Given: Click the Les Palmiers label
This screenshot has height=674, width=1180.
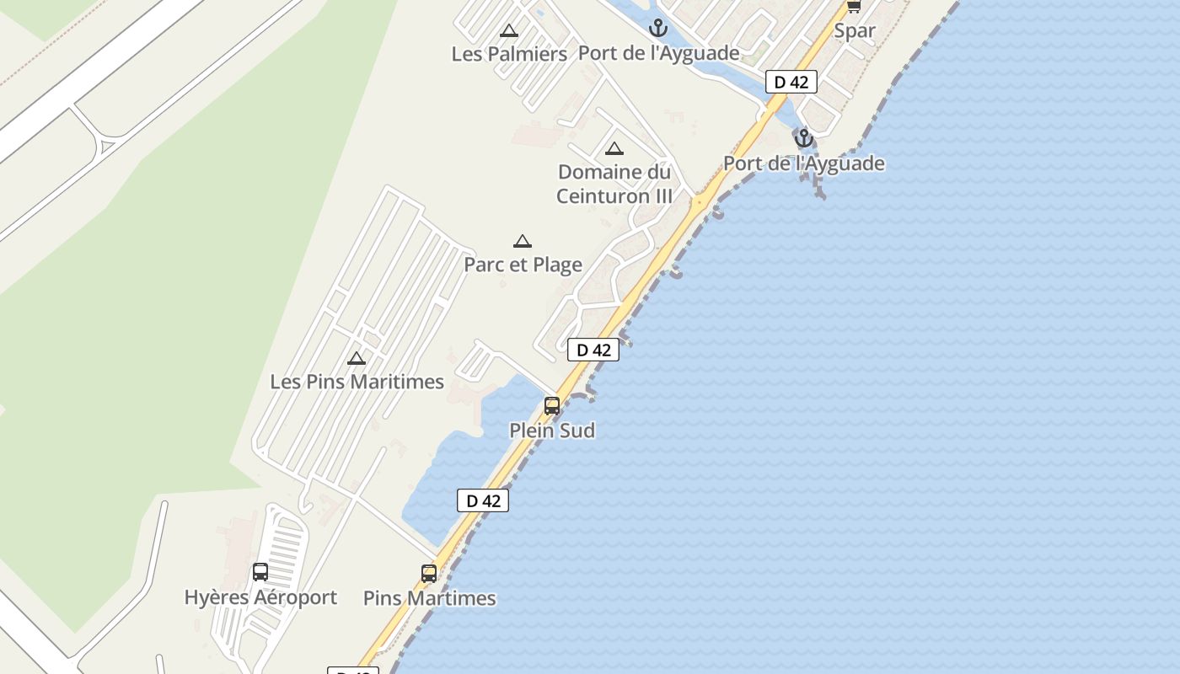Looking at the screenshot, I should (x=509, y=54).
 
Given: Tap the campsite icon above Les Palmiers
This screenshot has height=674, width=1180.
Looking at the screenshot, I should (x=509, y=31).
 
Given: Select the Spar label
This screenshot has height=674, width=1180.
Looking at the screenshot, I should (x=855, y=31).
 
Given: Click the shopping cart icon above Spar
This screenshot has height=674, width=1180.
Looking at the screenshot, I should (x=854, y=6).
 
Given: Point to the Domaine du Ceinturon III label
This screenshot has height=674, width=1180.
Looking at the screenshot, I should (x=614, y=184).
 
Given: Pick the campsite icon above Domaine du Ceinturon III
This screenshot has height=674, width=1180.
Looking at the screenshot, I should (x=614, y=149).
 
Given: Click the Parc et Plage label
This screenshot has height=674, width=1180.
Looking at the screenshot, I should (x=523, y=265).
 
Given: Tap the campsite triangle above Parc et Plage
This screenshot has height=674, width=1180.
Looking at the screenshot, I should (x=523, y=242).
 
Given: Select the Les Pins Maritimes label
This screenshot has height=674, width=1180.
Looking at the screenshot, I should (x=357, y=382).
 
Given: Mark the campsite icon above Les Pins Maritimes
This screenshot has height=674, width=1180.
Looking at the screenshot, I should (x=357, y=359).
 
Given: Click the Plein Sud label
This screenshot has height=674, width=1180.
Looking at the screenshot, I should (x=552, y=431).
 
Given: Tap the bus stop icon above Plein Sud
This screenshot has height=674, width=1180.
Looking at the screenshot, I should (x=552, y=406).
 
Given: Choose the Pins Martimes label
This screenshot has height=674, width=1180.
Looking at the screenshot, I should (x=429, y=598).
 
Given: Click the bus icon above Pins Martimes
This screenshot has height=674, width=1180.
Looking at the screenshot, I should (x=429, y=574).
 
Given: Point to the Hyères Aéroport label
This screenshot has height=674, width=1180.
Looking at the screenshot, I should (x=260, y=597).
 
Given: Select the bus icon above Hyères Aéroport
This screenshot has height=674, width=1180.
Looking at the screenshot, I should (x=260, y=572).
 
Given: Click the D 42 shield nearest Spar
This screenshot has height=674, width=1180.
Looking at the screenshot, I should (x=791, y=82).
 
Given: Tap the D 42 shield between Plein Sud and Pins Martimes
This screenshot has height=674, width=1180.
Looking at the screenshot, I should (x=483, y=500).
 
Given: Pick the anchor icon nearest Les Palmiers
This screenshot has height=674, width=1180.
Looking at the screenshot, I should (x=657, y=29).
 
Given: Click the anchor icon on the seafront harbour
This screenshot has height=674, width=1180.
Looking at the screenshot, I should (x=804, y=138).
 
